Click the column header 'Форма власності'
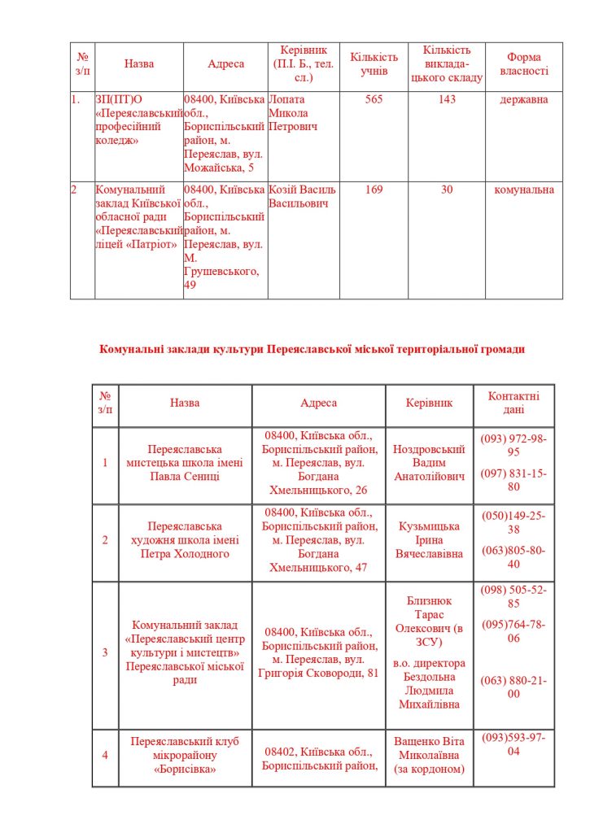[x=523, y=64]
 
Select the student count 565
[x=374, y=99]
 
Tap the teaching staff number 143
[x=447, y=99]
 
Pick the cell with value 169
[x=374, y=190]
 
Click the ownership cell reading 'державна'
[x=524, y=99]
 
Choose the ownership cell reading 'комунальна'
[x=524, y=190]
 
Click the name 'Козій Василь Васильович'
[x=302, y=196]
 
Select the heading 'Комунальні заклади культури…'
[x=312, y=349]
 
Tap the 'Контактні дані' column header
[x=514, y=403]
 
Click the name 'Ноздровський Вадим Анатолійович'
[x=429, y=463]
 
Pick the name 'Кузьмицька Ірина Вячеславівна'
[x=429, y=540]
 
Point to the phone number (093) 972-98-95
[x=514, y=445]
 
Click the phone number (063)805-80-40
[x=514, y=557]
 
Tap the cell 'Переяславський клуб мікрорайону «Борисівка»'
[x=185, y=755]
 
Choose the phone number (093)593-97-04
[x=514, y=744]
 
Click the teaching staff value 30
[x=447, y=190]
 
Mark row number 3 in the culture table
[x=105, y=652]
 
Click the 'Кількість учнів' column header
[x=374, y=64]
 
